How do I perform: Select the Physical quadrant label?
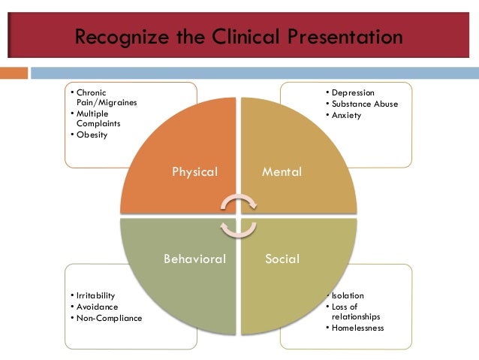pyautogui.click(x=194, y=172)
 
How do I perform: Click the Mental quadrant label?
pyautogui.click(x=282, y=172)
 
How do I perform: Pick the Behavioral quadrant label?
pyautogui.click(x=194, y=259)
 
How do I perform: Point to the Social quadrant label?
pyautogui.click(x=282, y=259)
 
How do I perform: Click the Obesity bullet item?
pyautogui.click(x=92, y=135)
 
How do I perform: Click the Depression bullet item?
pyautogui.click(x=353, y=92)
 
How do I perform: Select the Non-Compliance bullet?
pyautogui.click(x=108, y=318)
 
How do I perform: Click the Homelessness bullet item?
pyautogui.click(x=357, y=328)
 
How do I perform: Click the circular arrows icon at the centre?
pyautogui.click(x=239, y=215)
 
